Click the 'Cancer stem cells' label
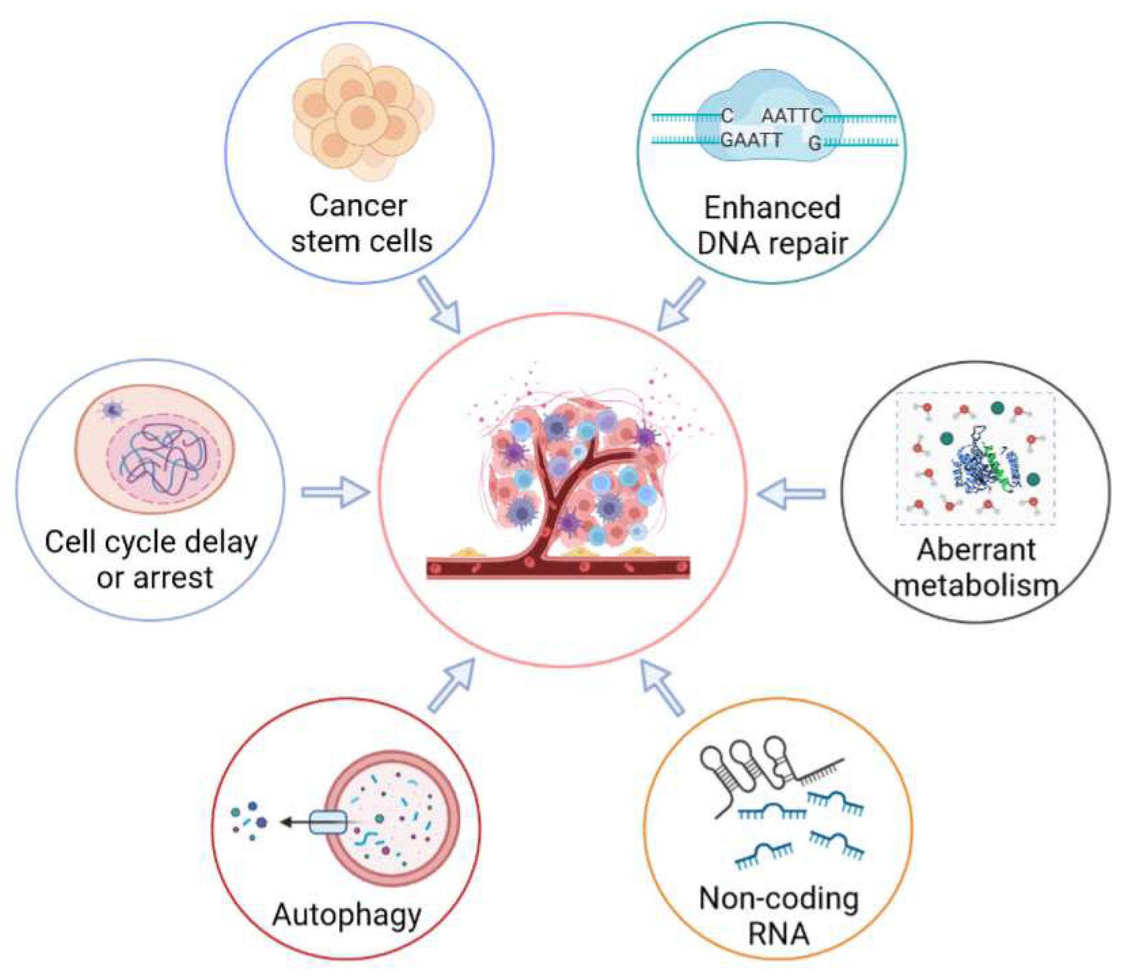(x=361, y=223)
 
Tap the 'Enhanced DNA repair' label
(x=772, y=226)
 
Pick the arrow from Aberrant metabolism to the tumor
(x=792, y=494)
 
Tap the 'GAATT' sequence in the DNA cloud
(x=751, y=141)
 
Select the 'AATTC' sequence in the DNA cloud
(x=791, y=116)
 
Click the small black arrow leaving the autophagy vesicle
(x=293, y=822)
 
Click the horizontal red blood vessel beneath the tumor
(x=558, y=567)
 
